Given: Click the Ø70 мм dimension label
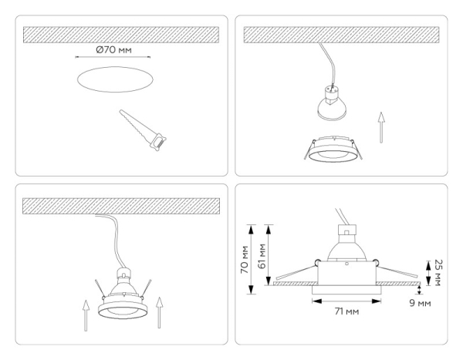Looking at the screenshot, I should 113,49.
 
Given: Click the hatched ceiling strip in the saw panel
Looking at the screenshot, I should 120,34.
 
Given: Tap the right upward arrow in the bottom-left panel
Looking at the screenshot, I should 158,313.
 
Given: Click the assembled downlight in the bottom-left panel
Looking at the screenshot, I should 121,297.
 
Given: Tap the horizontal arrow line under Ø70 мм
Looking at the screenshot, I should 114,58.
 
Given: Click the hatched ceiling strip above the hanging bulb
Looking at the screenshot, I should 340,34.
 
